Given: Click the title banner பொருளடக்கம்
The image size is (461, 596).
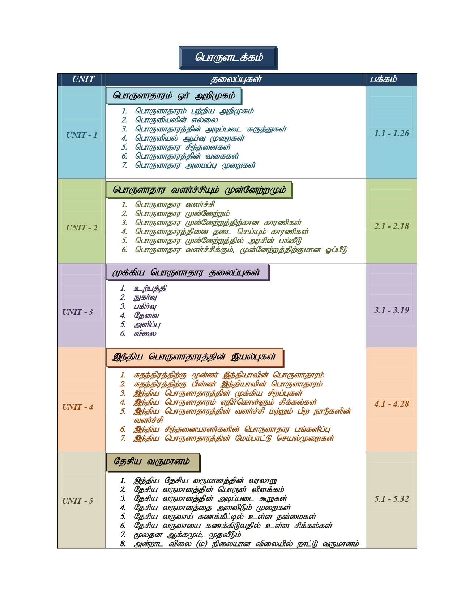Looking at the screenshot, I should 228,58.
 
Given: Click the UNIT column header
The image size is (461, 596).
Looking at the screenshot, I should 83,79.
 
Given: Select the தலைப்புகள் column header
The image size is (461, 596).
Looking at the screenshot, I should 236,79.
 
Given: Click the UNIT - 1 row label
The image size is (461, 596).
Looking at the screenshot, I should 82,135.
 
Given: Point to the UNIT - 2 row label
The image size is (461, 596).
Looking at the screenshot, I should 82,228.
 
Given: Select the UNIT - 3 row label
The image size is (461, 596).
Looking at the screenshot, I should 77,312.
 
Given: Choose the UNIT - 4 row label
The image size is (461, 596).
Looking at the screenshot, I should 77,407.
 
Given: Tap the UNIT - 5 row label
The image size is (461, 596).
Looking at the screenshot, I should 77,501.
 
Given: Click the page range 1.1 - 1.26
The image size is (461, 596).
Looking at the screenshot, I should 392,134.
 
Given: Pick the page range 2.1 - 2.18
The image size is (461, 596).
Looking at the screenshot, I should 392,226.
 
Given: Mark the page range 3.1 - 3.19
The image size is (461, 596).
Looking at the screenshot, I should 392,310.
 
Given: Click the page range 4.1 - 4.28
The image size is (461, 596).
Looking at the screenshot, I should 392,404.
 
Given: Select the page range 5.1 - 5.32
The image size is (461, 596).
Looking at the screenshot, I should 392,499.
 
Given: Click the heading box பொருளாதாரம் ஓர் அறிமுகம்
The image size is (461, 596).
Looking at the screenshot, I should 174,96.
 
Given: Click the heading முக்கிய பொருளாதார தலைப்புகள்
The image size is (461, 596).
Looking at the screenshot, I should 187,272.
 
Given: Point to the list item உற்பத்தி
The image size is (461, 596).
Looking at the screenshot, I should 150,289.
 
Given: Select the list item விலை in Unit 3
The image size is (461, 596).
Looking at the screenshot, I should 145,334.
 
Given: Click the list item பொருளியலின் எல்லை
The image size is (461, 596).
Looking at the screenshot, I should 176,120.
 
